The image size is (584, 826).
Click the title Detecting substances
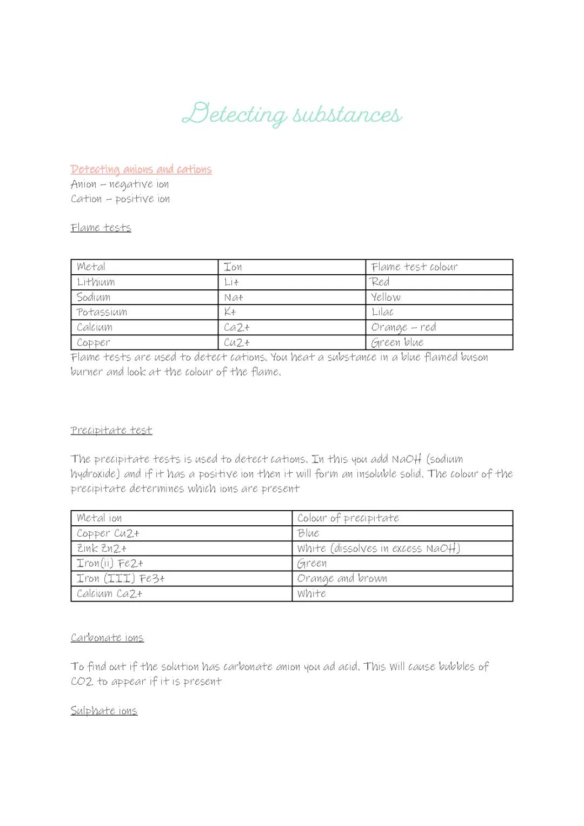click(292, 114)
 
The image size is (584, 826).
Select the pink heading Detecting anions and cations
click(141, 169)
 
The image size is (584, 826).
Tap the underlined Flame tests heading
click(101, 228)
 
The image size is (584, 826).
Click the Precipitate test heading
click(111, 431)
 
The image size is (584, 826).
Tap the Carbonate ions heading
click(107, 638)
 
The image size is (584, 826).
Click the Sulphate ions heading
click(104, 711)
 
